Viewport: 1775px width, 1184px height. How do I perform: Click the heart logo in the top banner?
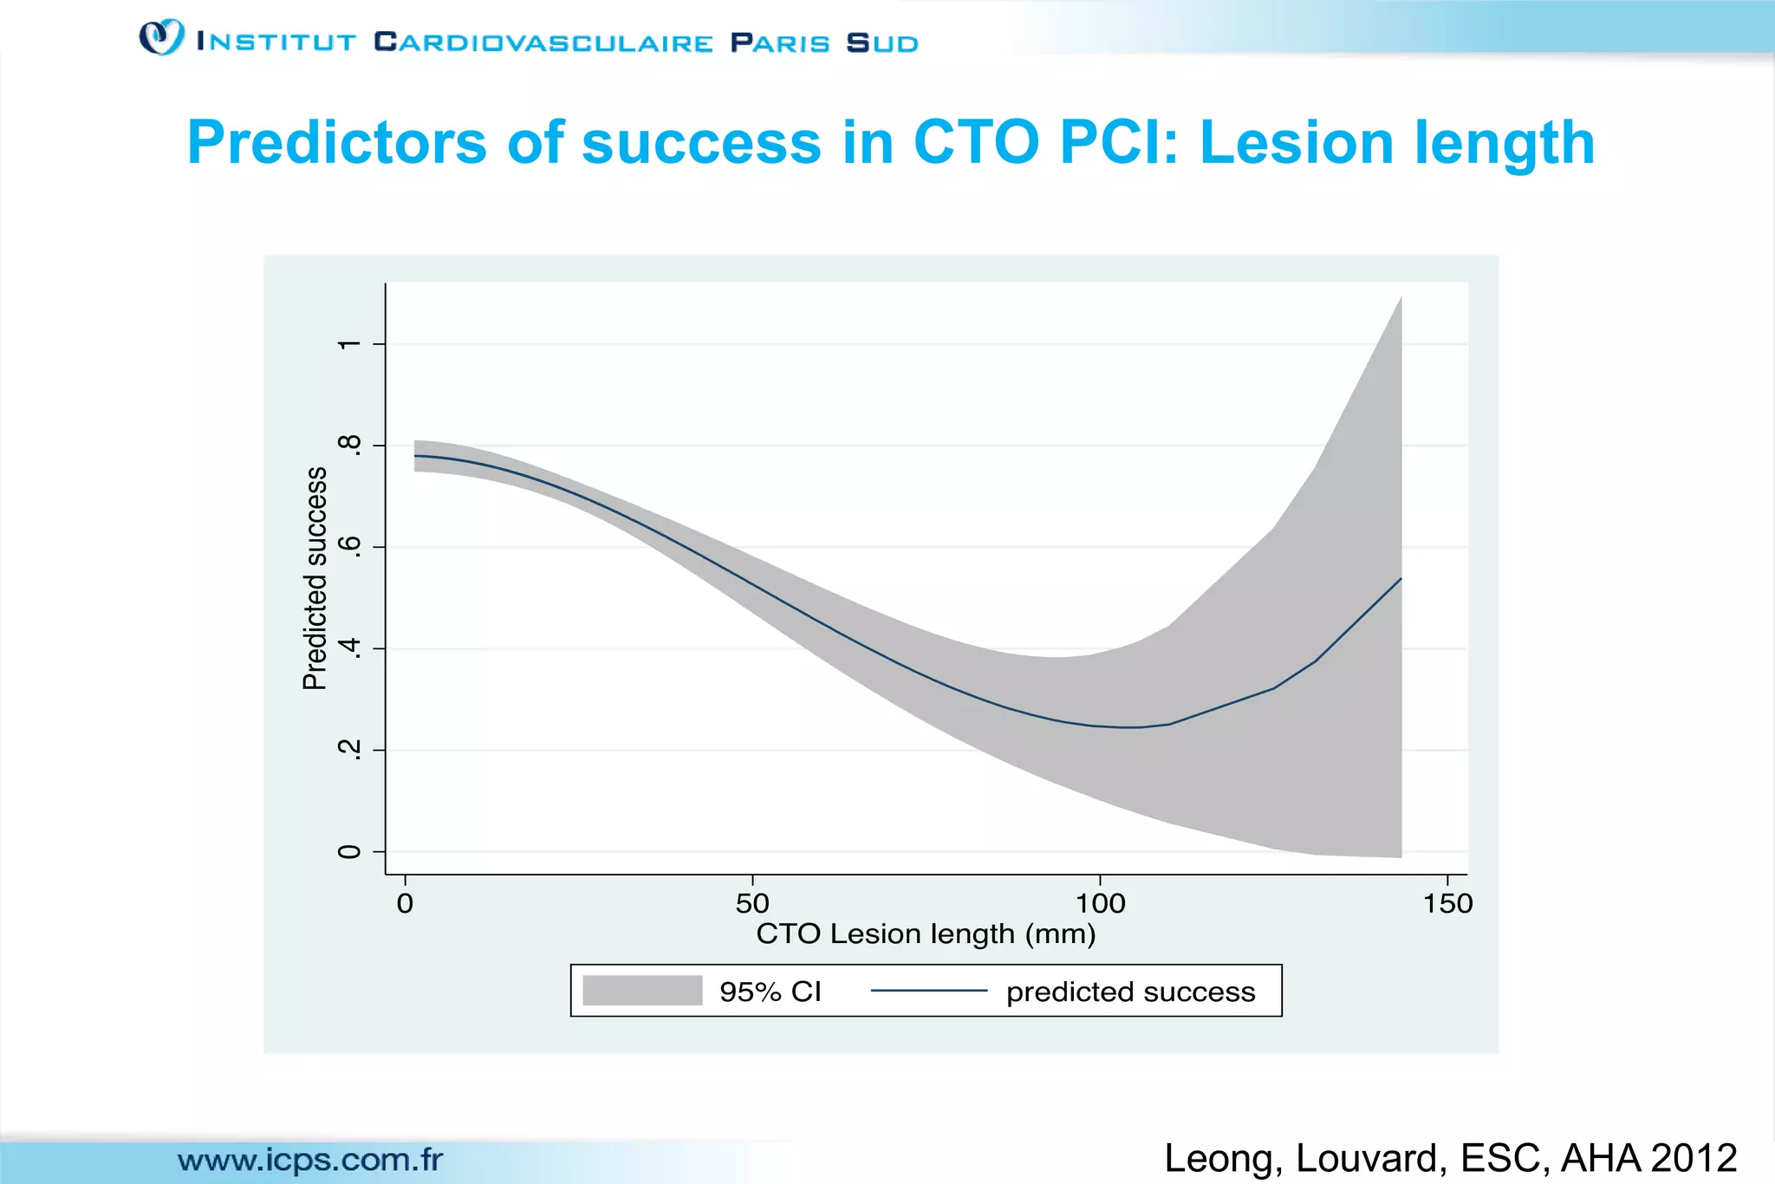pyautogui.click(x=162, y=37)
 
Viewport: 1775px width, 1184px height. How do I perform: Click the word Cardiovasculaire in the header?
pyautogui.click(x=543, y=42)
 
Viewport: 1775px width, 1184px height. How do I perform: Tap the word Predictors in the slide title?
pyautogui.click(x=336, y=143)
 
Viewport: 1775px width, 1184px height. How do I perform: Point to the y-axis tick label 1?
pyautogui.click(x=348, y=344)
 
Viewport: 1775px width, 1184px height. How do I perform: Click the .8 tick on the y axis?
pyautogui.click(x=348, y=446)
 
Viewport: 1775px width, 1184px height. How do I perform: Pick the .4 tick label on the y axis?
pyautogui.click(x=348, y=648)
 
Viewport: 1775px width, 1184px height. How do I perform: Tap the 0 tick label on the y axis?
pyautogui.click(x=348, y=851)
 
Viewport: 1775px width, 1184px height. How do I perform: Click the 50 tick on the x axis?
pyautogui.click(x=752, y=904)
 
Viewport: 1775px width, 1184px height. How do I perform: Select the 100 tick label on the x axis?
pyautogui.click(x=1100, y=904)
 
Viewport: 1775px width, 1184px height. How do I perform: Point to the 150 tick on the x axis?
pyautogui.click(x=1447, y=904)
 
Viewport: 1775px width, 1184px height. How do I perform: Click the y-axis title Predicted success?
pyautogui.click(x=315, y=578)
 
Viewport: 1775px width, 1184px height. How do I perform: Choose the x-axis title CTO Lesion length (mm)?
pyautogui.click(x=926, y=934)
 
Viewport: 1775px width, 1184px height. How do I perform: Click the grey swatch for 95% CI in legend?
pyautogui.click(x=642, y=991)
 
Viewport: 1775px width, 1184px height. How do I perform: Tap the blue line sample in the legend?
pyautogui.click(x=928, y=991)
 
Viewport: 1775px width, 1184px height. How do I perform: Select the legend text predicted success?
pyautogui.click(x=1130, y=992)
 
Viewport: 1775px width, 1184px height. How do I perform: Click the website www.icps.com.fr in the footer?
pyautogui.click(x=310, y=1160)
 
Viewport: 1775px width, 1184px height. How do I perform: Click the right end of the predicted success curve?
pyautogui.click(x=1400, y=579)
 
